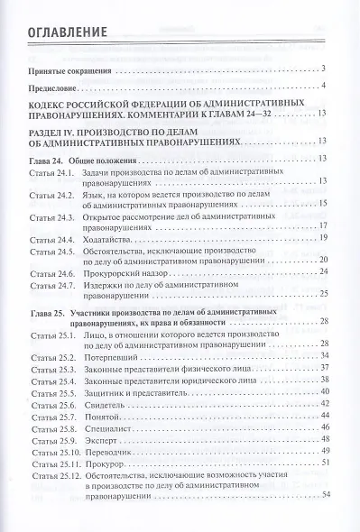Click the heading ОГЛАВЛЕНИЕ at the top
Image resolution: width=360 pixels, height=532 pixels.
pos(69,33)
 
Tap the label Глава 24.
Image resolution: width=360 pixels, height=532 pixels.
pos(47,159)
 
